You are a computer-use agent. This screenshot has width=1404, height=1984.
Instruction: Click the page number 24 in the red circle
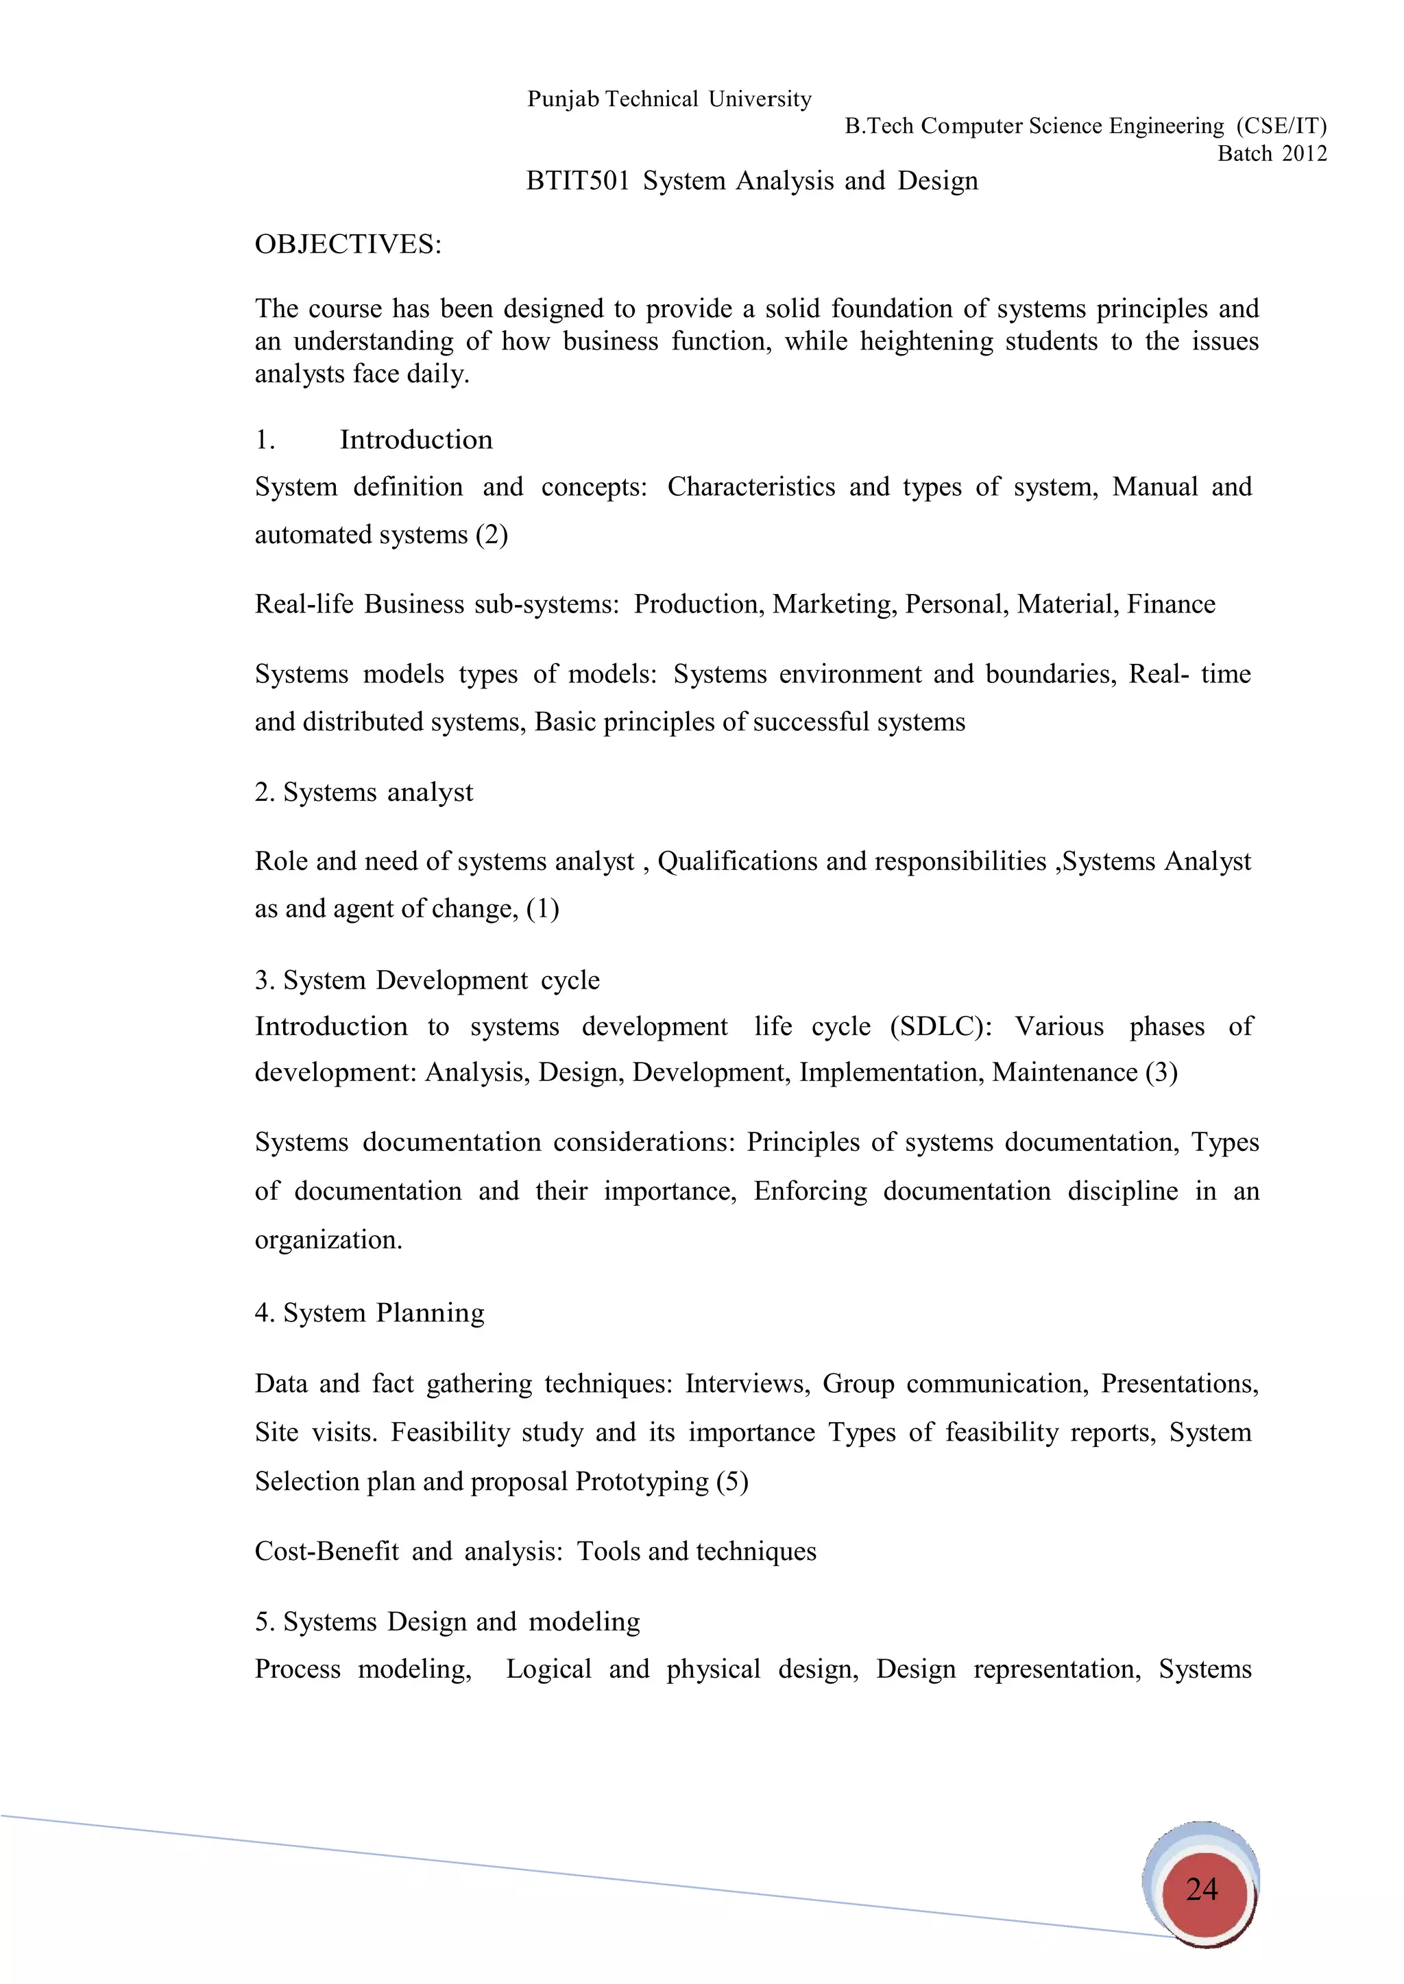(1202, 1890)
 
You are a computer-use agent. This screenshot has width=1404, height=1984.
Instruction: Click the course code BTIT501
(577, 182)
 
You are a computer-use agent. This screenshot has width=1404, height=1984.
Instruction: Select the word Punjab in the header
(563, 99)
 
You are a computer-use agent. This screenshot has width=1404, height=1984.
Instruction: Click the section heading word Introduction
(416, 440)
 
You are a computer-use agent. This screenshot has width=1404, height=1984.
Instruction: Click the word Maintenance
(1064, 1072)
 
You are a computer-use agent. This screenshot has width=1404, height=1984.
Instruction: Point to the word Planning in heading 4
(430, 1313)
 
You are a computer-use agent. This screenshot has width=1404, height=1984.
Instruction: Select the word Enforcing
(810, 1191)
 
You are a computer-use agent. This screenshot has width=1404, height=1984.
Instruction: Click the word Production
(699, 604)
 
